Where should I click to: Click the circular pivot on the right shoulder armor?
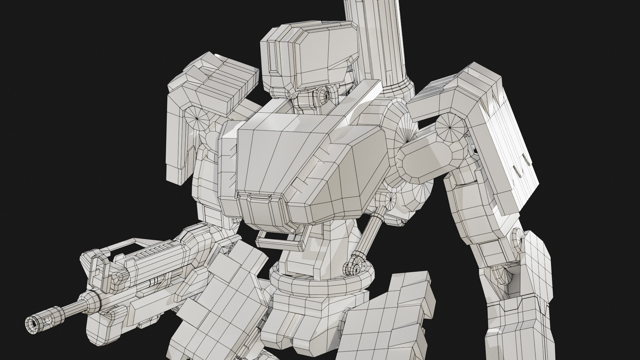point(449,127)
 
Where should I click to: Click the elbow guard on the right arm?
point(533,263)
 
